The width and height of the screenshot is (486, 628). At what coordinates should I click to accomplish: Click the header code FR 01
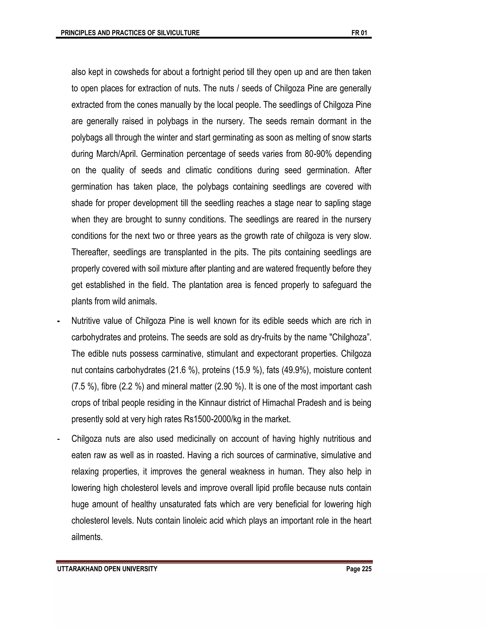(x=359, y=33)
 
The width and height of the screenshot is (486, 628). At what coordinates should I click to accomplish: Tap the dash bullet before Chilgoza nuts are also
(x=58, y=439)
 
